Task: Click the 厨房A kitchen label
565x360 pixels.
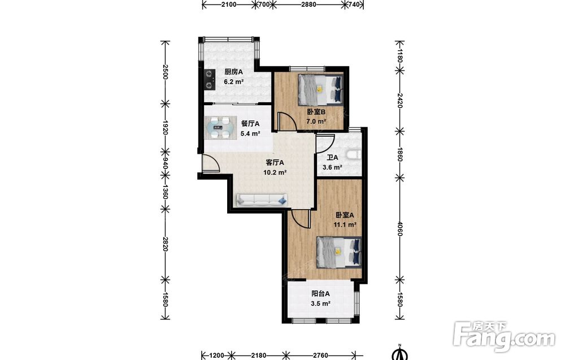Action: point(233,72)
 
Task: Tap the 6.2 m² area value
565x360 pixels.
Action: point(234,82)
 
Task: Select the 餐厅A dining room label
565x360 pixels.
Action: point(250,124)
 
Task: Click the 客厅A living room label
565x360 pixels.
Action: point(275,163)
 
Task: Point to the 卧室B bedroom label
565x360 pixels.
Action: point(316,112)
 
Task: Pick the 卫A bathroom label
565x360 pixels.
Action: point(333,158)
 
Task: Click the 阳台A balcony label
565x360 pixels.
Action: point(321,294)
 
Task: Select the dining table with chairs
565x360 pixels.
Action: point(219,128)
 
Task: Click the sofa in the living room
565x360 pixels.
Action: point(262,199)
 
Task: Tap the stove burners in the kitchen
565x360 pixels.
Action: point(208,80)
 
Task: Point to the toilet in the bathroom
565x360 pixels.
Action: point(353,155)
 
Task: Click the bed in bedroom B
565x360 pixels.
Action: point(321,90)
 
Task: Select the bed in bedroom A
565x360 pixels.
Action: point(339,252)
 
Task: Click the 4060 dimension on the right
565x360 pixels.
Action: point(399,229)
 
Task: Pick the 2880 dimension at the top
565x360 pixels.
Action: point(309,5)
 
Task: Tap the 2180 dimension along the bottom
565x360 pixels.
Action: point(258,355)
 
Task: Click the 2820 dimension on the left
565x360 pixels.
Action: point(165,244)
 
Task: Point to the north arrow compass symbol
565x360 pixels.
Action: point(399,353)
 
